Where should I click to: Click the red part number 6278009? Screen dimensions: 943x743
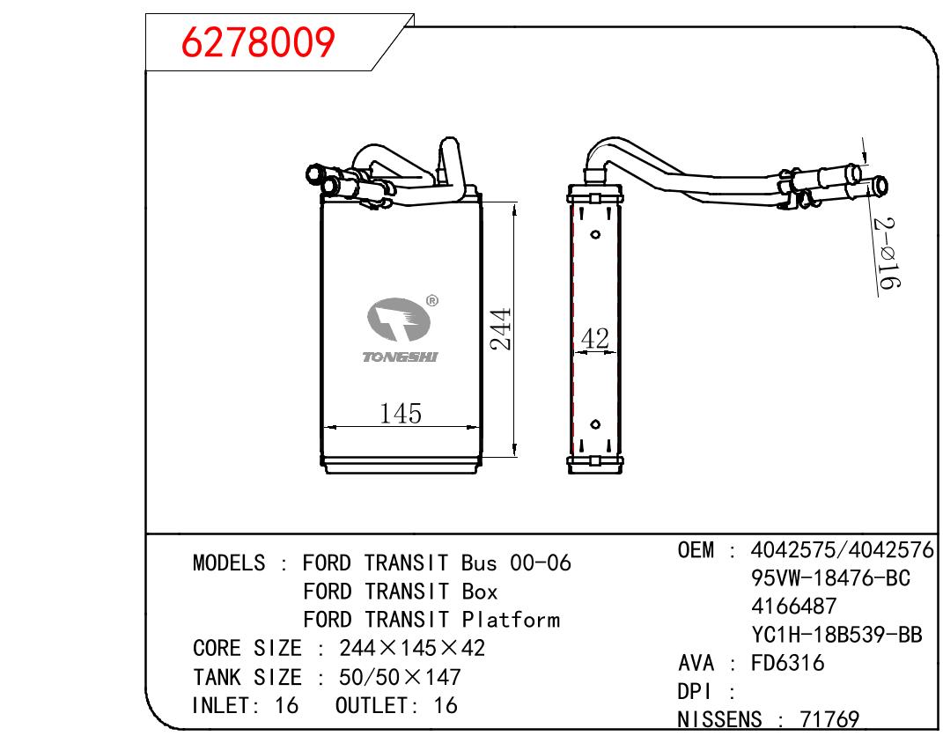(x=258, y=42)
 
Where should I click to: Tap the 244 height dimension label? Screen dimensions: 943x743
(x=500, y=329)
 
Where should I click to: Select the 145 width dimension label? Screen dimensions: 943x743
(x=401, y=414)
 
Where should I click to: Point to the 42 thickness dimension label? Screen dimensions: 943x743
(x=595, y=338)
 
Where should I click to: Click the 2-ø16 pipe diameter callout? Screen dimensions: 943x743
(x=887, y=253)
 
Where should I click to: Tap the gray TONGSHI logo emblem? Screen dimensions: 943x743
(x=399, y=320)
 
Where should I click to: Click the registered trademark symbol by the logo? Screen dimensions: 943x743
(x=431, y=300)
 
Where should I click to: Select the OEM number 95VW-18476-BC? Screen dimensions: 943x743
(x=830, y=578)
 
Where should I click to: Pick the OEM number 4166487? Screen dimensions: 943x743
(x=793, y=606)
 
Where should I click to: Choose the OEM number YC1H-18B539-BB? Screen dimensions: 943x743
(x=836, y=634)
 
